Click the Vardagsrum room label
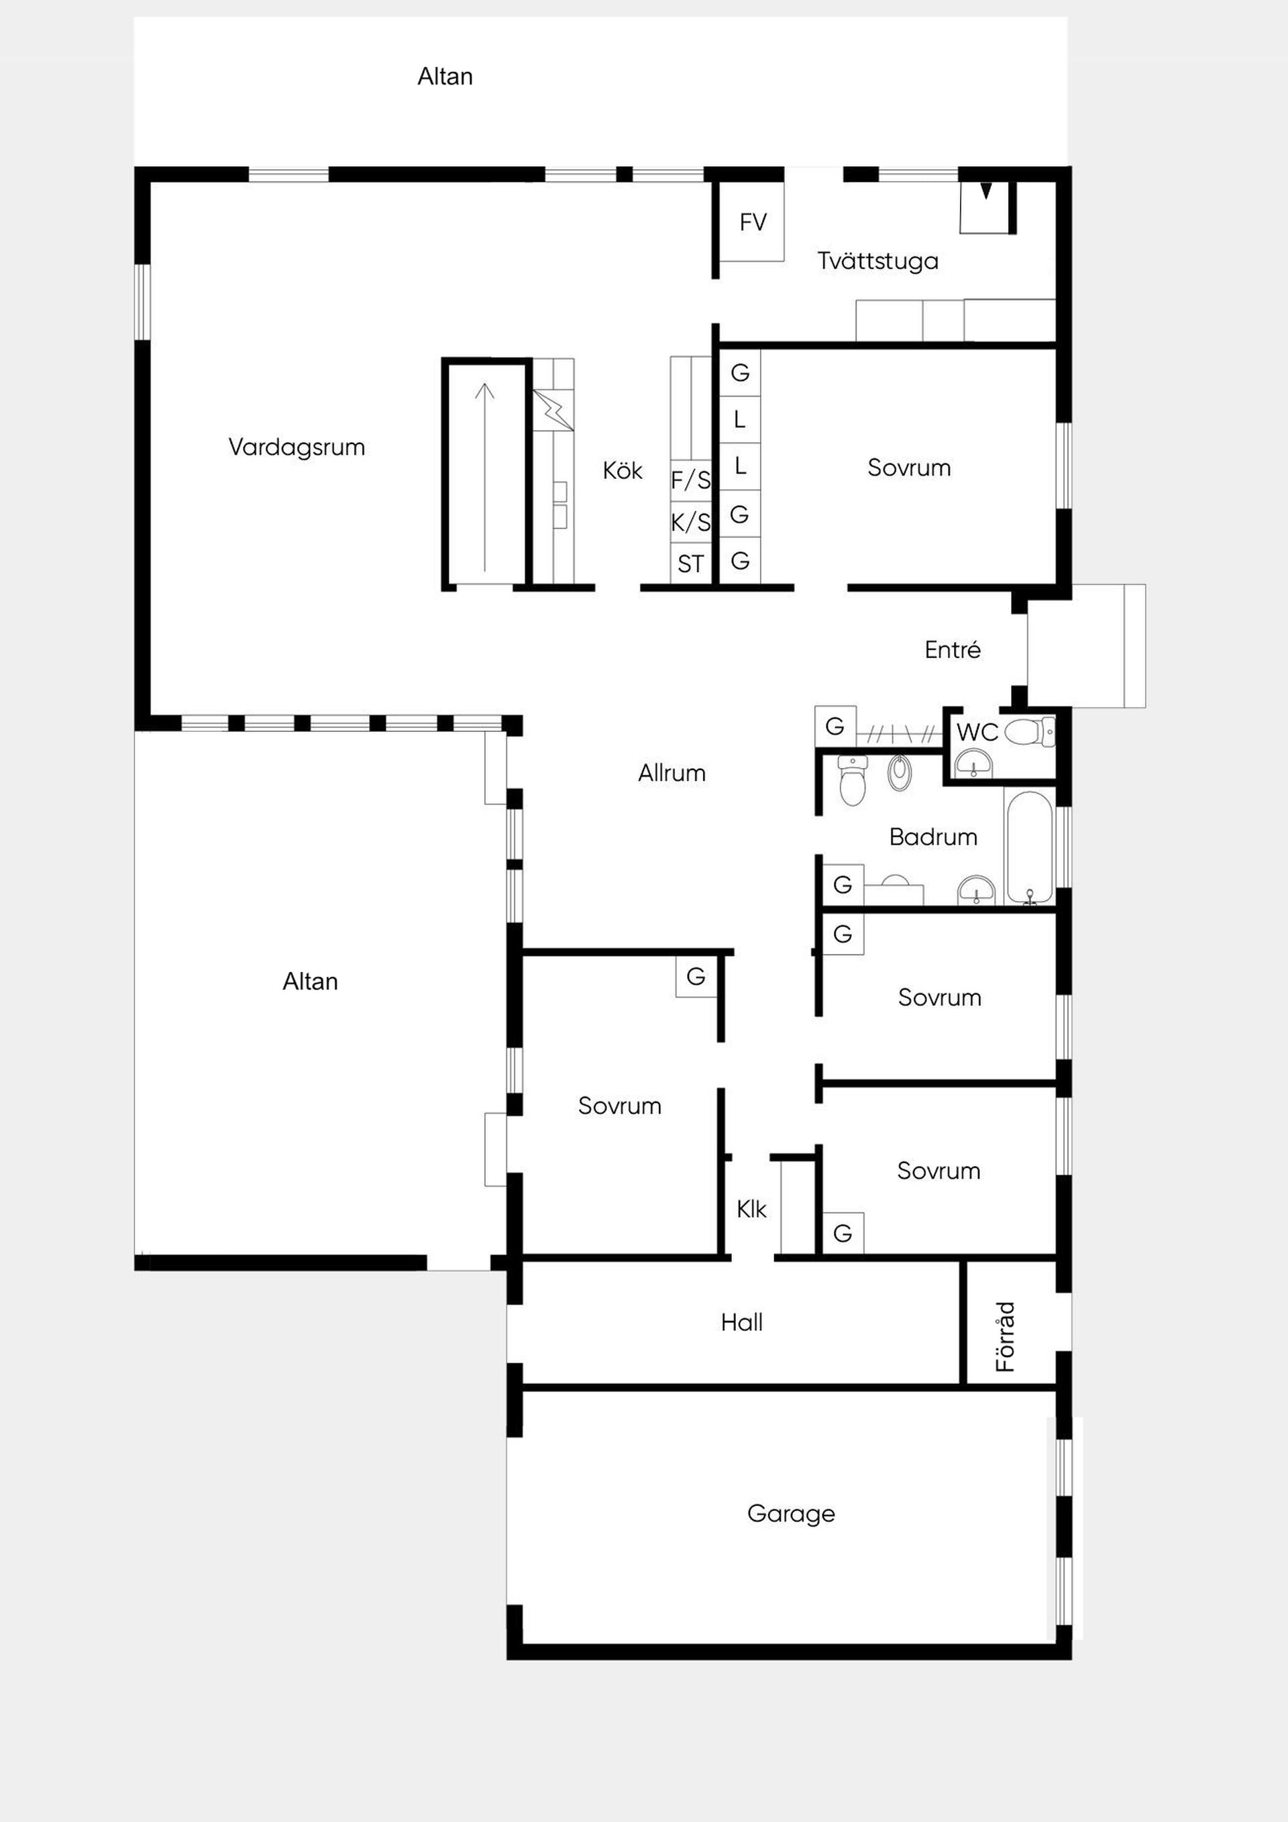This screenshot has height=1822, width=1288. (x=297, y=447)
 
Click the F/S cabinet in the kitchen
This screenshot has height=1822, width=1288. (x=690, y=480)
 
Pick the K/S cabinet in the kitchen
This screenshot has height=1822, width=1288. (x=690, y=522)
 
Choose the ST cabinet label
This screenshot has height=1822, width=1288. (x=690, y=564)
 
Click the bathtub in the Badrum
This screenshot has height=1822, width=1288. (x=1029, y=847)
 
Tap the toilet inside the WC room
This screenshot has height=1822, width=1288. (x=1029, y=732)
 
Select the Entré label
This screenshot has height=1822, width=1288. (x=953, y=650)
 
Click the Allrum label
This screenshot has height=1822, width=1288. (x=672, y=773)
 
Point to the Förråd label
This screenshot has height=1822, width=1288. (x=1005, y=1337)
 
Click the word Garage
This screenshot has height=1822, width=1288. (x=790, y=1514)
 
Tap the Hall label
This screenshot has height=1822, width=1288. (x=741, y=1322)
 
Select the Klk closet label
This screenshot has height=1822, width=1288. (x=751, y=1209)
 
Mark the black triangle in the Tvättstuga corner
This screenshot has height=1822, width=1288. (x=985, y=191)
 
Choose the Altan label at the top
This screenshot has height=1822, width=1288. (x=445, y=76)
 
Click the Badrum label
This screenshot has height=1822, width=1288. (x=932, y=837)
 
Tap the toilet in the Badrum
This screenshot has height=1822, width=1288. (x=853, y=780)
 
